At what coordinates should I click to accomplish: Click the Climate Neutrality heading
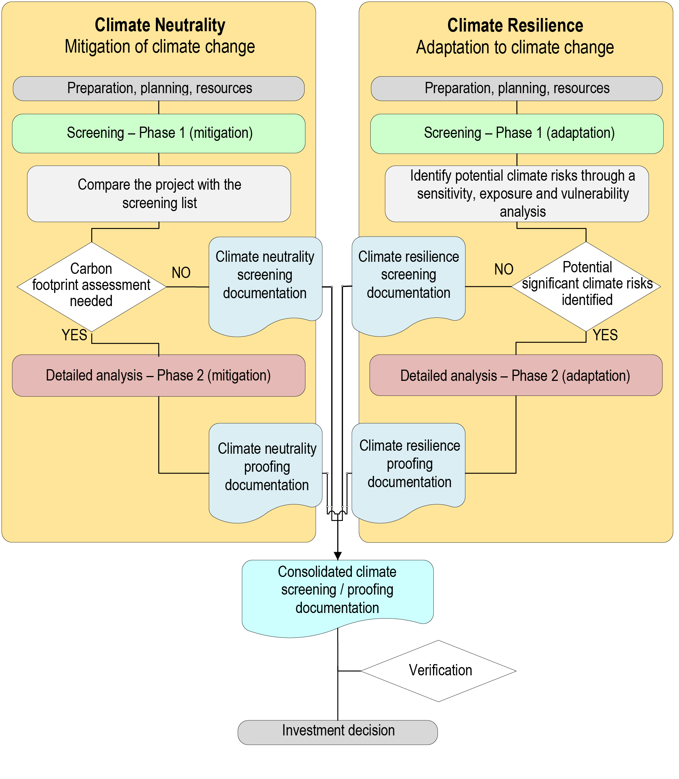coord(160,25)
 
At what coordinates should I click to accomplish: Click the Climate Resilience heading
coord(515,26)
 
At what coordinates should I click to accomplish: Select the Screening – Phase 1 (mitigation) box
coord(159,133)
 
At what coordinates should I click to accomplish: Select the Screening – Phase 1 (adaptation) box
coord(517,133)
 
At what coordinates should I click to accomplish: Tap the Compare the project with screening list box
coord(159,193)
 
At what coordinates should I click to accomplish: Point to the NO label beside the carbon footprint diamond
coord(181,272)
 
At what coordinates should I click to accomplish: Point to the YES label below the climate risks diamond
coord(605,335)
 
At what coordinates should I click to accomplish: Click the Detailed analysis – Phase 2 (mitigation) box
coord(159,376)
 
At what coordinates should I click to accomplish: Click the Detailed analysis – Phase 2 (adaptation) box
coord(516,376)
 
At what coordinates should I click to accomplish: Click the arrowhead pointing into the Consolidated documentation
coord(338,556)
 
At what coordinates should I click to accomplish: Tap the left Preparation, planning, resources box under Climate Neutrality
coord(159,88)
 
